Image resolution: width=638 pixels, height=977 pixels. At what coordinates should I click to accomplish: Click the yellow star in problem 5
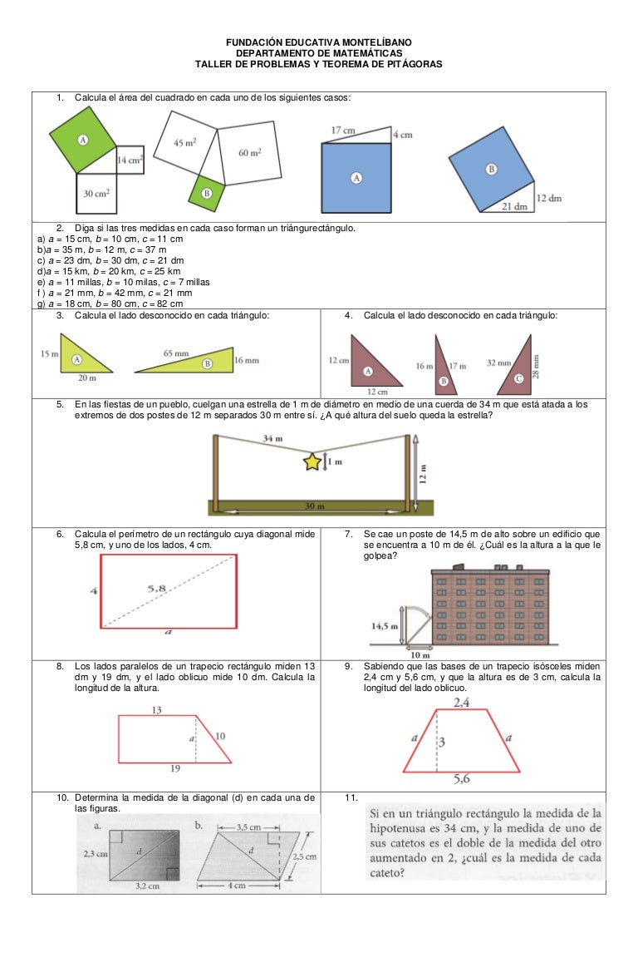[312, 461]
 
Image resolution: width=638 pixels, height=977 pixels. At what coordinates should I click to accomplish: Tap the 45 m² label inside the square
[184, 143]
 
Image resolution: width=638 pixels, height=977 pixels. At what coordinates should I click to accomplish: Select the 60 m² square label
[249, 152]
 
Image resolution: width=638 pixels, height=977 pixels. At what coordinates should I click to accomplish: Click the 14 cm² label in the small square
[130, 160]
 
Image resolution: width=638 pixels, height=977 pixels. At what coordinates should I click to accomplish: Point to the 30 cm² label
[98, 193]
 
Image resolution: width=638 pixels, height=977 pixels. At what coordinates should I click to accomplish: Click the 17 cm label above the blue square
[344, 131]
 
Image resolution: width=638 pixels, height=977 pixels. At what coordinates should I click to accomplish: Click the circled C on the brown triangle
[519, 378]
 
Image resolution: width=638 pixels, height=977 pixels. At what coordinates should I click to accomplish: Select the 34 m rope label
[272, 437]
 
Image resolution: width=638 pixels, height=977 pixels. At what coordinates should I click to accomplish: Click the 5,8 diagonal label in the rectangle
[156, 588]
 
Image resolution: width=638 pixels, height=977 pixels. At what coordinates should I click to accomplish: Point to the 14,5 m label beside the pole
[385, 625]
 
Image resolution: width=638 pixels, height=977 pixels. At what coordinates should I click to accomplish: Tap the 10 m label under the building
[420, 654]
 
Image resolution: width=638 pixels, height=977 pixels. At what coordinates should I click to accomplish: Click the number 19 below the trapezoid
[174, 769]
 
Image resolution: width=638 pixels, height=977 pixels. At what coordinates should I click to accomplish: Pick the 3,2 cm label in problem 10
[148, 887]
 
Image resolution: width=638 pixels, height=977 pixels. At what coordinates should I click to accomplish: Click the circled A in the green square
[83, 140]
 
